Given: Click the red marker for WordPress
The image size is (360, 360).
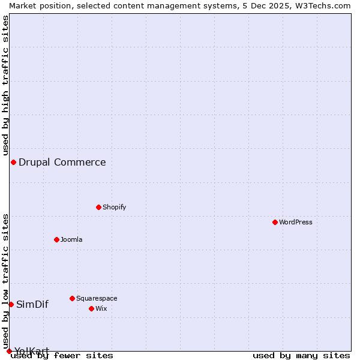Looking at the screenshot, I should (275, 222).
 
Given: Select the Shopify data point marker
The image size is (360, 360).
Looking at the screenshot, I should (98, 207).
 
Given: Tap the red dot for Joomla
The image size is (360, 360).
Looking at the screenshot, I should (56, 239).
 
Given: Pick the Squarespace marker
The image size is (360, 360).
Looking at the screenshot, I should (72, 298).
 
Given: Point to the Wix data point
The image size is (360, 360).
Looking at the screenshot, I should (91, 308).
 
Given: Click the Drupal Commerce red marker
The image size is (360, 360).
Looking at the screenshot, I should (13, 162).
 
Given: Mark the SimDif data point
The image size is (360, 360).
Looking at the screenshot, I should (11, 304).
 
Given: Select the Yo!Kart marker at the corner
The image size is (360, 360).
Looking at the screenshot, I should (9, 351).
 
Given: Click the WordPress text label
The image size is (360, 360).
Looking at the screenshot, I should (296, 222).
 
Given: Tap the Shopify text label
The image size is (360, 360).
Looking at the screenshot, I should (114, 207).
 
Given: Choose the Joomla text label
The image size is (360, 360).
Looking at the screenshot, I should (71, 239).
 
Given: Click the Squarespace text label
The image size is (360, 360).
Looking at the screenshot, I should (97, 298).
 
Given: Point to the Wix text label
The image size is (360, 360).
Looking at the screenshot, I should (101, 308).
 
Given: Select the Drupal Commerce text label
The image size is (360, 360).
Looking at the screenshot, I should (62, 162).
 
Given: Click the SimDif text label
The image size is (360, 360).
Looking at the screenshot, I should (32, 304).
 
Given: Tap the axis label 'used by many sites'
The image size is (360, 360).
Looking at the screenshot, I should (301, 356).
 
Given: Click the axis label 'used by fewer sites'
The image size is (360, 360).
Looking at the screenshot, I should (62, 356).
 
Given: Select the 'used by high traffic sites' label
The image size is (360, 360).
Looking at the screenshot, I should (5, 85).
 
